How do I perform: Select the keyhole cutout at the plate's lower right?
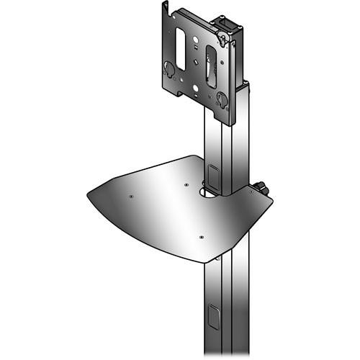click(221, 99)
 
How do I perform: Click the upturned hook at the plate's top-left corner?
click(166, 8)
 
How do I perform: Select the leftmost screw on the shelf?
click(130, 195)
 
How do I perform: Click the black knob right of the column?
click(261, 189)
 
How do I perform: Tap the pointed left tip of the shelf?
click(88, 193)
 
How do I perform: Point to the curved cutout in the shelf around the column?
click(209, 193)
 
